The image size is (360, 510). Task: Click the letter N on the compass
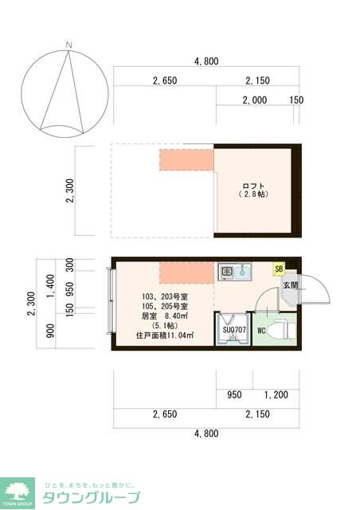click(x=70, y=44)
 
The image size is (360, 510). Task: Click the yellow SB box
click(x=279, y=269)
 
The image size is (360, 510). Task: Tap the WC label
click(x=261, y=331)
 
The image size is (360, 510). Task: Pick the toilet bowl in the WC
click(x=280, y=328)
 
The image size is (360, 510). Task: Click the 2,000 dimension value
click(x=256, y=100)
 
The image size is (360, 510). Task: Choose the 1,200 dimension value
click(x=276, y=394)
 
